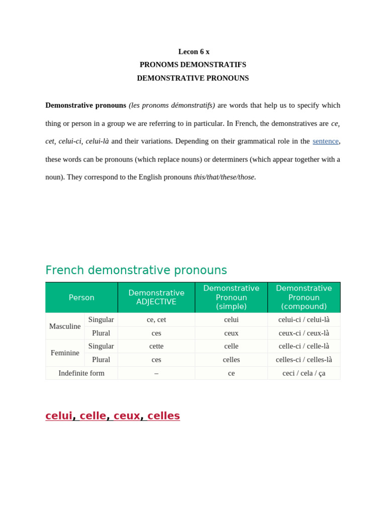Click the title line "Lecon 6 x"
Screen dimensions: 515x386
[194, 52]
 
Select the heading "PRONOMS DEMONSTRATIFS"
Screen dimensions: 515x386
[193, 65]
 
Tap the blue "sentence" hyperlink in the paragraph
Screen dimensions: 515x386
[325, 141]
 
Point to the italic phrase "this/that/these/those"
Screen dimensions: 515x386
[224, 177]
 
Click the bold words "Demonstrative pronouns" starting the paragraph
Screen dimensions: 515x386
[85, 105]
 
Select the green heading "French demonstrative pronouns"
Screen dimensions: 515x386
[136, 270]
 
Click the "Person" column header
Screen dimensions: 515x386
[81, 297]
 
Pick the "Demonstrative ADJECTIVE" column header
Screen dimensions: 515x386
[156, 297]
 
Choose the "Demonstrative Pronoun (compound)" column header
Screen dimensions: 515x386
[304, 297]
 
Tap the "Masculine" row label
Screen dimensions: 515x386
[65, 326]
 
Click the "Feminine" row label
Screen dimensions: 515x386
[65, 353]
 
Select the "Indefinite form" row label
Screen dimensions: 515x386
[81, 373]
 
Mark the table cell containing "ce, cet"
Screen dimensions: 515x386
[156, 319]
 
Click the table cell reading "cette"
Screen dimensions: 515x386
[156, 346]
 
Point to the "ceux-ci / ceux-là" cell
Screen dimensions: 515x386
[304, 333]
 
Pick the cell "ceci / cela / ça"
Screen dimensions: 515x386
[304, 373]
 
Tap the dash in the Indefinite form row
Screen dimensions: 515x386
[156, 373]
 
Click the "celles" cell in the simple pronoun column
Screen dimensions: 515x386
[231, 360]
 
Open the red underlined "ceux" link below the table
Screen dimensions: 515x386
[127, 416]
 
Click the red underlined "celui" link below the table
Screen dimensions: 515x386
[59, 416]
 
